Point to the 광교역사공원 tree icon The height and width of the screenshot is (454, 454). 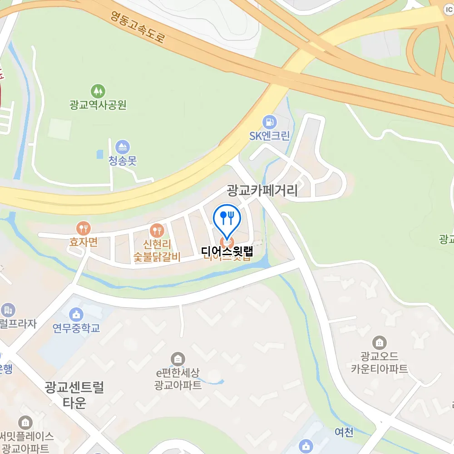click(x=98, y=91)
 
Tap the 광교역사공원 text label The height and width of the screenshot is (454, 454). click(x=98, y=105)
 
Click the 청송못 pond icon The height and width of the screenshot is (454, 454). click(x=123, y=147)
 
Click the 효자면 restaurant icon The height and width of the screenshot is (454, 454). click(x=83, y=228)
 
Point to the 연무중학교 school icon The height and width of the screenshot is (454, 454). click(x=76, y=314)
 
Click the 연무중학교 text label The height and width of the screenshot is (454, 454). click(x=76, y=328)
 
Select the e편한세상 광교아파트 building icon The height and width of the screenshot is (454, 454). click(x=178, y=360)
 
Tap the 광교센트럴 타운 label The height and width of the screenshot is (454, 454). click(x=74, y=395)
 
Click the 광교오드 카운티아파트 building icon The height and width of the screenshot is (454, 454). click(x=379, y=343)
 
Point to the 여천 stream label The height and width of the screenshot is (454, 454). click(x=344, y=432)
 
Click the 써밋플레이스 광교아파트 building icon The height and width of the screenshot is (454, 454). click(x=26, y=423)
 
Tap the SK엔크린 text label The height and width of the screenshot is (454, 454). click(x=270, y=136)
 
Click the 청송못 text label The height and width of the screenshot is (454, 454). click(x=123, y=161)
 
